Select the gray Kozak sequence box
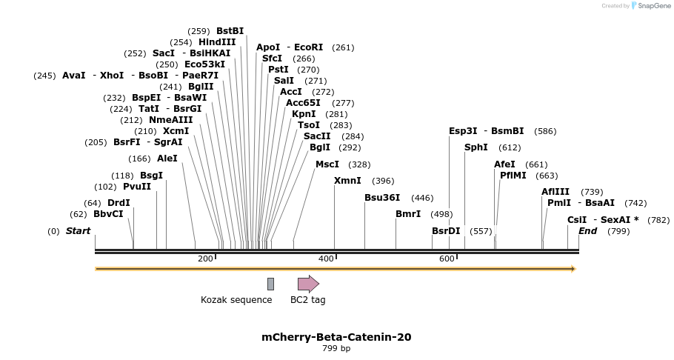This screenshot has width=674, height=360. pyautogui.click(x=271, y=284)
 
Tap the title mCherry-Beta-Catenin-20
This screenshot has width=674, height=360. pyautogui.click(x=336, y=337)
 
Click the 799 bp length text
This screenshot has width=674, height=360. pyautogui.click(x=336, y=348)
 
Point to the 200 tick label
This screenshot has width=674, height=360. pyautogui.click(x=205, y=259)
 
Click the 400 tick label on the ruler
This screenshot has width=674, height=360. pyautogui.click(x=326, y=259)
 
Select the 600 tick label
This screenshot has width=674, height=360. pyautogui.click(x=447, y=259)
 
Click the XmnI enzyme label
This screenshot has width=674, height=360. pyautogui.click(x=347, y=181)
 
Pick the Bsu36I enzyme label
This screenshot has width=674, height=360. pyautogui.click(x=382, y=198)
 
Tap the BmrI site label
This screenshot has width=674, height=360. pyautogui.click(x=408, y=214)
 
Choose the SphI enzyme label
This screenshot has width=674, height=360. pyautogui.click(x=476, y=147)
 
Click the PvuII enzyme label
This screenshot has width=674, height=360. pyautogui.click(x=137, y=187)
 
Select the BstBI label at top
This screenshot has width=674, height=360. pyautogui.click(x=230, y=31)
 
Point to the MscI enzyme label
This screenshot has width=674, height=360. pyautogui.click(x=327, y=164)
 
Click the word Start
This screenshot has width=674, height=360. pyautogui.click(x=78, y=231)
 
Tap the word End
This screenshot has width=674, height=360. pyautogui.click(x=587, y=231)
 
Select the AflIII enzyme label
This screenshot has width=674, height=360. pyautogui.click(x=555, y=192)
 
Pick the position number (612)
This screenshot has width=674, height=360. pyautogui.click(x=510, y=147)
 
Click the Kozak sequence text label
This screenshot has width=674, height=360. pyautogui.click(x=236, y=300)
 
